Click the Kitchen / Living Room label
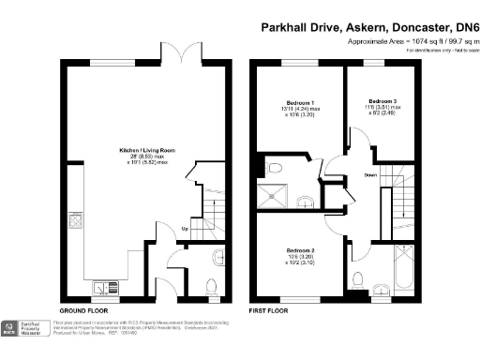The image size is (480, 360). pos(142,149)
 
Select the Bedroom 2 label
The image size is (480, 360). pos(299,251)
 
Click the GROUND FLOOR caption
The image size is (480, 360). pos(86,309)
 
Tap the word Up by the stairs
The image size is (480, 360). pos(184,229)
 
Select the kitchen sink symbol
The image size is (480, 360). pos(103,282)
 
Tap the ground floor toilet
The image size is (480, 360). pos(210,285)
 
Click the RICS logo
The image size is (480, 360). pos(9,327)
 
